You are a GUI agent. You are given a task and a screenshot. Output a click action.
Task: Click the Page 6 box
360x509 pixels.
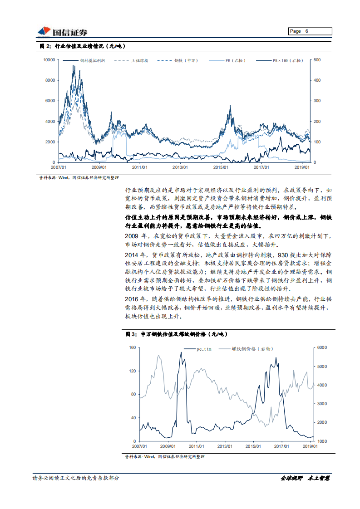[x=310, y=31]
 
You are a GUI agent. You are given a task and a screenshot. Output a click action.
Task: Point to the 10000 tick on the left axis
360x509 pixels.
[x=49, y=60]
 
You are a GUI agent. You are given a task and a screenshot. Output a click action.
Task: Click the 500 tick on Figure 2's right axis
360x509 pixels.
[x=317, y=60]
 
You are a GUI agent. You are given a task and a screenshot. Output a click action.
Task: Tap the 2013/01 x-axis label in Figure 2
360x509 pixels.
[x=180, y=167]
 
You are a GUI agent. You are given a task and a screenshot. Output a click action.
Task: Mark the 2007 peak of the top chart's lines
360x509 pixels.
[x=74, y=66]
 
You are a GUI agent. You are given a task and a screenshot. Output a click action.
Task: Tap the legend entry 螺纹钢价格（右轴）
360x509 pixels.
[x=251, y=349]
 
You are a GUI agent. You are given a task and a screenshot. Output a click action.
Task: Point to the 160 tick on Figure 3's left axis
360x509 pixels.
[x=133, y=347]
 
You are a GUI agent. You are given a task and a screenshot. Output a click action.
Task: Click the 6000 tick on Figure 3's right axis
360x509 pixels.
[x=322, y=347]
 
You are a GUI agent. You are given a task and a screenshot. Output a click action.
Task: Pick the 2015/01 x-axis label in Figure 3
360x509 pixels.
[x=253, y=446]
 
